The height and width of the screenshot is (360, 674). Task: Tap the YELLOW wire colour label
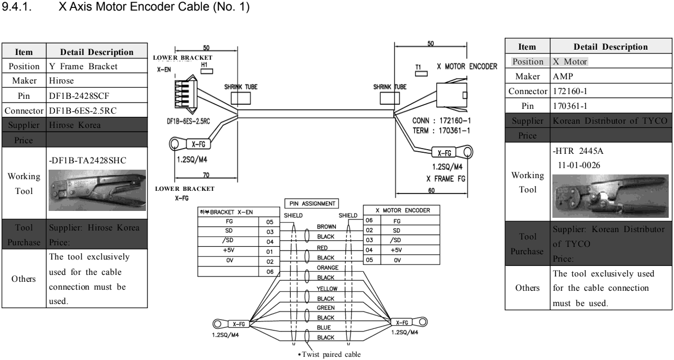point(323,289)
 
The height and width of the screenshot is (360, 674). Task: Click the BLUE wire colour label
point(323,328)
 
